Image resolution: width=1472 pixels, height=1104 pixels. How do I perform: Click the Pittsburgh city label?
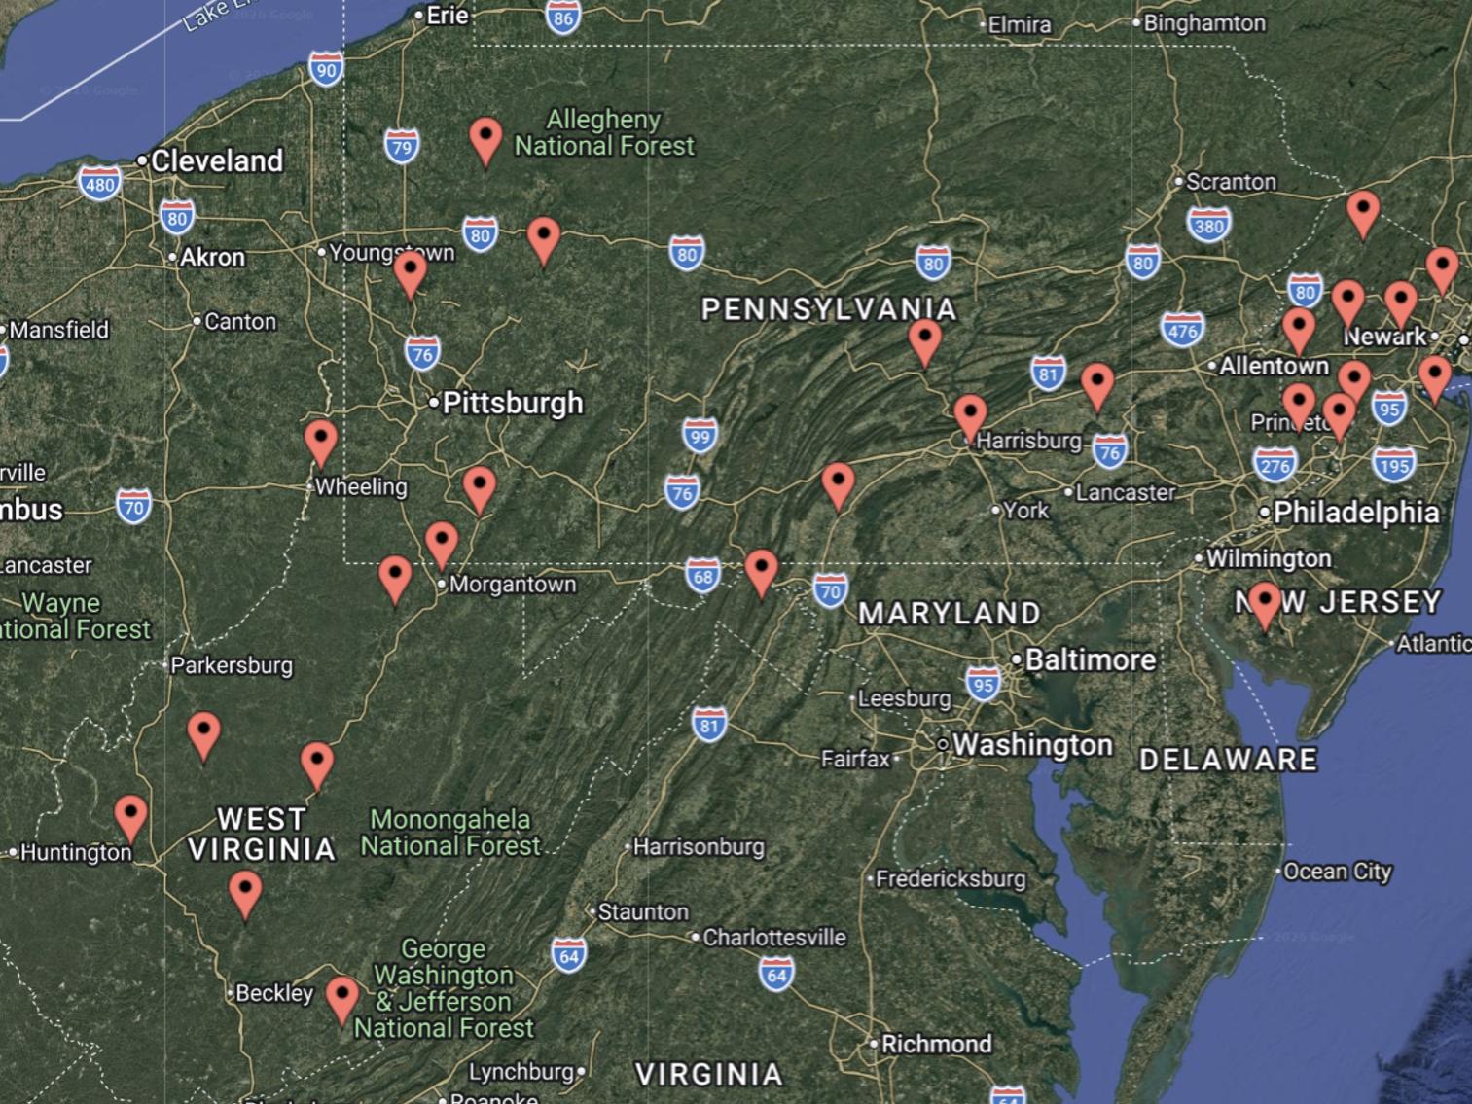click(x=512, y=403)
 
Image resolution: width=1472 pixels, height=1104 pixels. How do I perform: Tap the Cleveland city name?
click(x=216, y=160)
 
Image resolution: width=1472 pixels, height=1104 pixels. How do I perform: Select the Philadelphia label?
click(x=1355, y=512)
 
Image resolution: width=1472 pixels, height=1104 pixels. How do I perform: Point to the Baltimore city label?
click(x=1090, y=659)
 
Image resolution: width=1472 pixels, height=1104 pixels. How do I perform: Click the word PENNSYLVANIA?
click(x=829, y=309)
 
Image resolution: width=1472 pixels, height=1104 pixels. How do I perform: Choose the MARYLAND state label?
click(x=949, y=613)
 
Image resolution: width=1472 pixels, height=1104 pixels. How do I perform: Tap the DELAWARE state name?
click(x=1228, y=760)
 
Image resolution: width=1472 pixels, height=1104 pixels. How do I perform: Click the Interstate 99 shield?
click(x=700, y=435)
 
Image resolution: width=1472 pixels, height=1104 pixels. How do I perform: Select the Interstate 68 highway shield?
click(x=702, y=576)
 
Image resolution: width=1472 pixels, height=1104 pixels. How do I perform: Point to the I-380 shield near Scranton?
click(x=1208, y=226)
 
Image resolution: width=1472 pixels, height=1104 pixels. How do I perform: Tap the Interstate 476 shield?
click(x=1182, y=331)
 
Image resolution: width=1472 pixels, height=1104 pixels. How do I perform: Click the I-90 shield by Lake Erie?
click(x=326, y=69)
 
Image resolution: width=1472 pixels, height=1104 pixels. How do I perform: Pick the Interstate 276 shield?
click(x=1275, y=465)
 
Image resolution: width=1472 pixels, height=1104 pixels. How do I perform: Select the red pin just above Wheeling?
click(x=321, y=443)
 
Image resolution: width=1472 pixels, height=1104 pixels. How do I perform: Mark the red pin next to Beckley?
click(x=341, y=998)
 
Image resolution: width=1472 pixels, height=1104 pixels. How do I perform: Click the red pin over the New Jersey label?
click(x=1265, y=604)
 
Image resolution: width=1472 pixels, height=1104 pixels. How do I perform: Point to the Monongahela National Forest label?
click(x=449, y=833)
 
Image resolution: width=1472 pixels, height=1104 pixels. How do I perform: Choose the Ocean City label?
click(x=1337, y=872)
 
